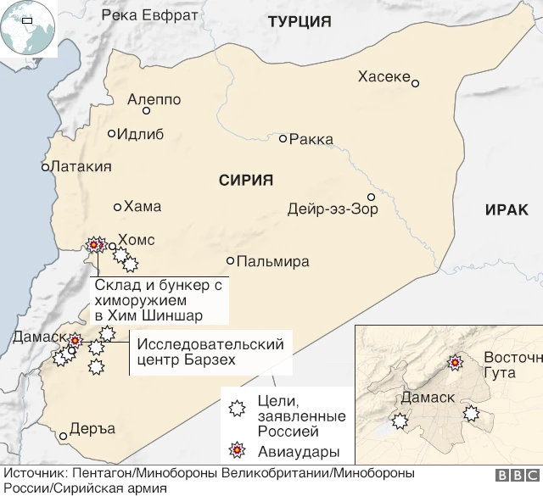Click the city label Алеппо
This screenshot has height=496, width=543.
154,99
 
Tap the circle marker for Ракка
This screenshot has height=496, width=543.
283,138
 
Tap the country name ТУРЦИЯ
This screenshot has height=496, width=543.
299,23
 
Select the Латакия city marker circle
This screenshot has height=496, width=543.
46,167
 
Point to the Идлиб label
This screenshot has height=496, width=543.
140,134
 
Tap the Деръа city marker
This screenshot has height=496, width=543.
63,437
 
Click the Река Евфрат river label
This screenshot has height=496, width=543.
149,15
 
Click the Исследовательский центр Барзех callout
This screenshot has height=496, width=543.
210,352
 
